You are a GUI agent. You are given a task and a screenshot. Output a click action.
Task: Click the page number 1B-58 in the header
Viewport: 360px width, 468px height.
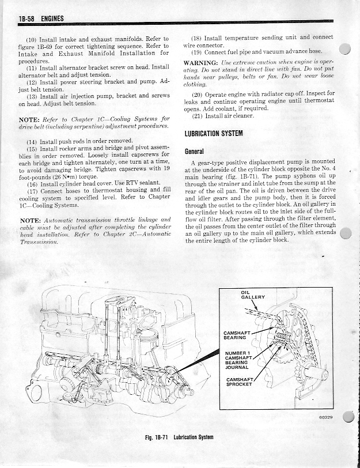point(26,20)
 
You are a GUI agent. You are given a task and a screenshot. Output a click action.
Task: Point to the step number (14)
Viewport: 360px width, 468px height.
point(32,141)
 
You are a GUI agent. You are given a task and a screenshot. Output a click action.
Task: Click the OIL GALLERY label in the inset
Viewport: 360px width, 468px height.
point(251,295)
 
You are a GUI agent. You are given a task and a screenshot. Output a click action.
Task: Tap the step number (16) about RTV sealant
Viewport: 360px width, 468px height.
point(32,184)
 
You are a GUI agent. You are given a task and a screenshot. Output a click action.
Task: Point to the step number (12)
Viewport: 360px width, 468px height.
point(32,82)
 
